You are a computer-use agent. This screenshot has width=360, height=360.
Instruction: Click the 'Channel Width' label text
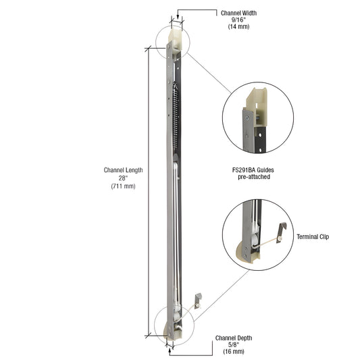(238, 13)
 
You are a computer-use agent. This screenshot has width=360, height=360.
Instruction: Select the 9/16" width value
(238, 20)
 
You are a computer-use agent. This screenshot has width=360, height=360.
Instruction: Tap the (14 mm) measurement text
(238, 28)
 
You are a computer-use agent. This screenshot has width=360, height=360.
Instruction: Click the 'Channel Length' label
(122, 170)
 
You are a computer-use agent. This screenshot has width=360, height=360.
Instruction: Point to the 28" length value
(122, 178)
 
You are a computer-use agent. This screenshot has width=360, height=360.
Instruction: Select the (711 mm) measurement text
(122, 186)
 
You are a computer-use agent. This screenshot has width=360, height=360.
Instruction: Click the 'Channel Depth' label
(234, 337)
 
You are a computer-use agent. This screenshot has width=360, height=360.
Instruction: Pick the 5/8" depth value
(234, 344)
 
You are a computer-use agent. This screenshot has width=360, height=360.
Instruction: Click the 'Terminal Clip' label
(314, 237)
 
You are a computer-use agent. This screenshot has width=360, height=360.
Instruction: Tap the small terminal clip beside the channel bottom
(197, 300)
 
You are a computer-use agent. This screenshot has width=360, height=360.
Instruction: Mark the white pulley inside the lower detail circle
(252, 238)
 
